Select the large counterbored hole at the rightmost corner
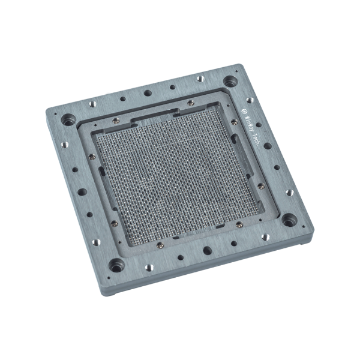[289, 220]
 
